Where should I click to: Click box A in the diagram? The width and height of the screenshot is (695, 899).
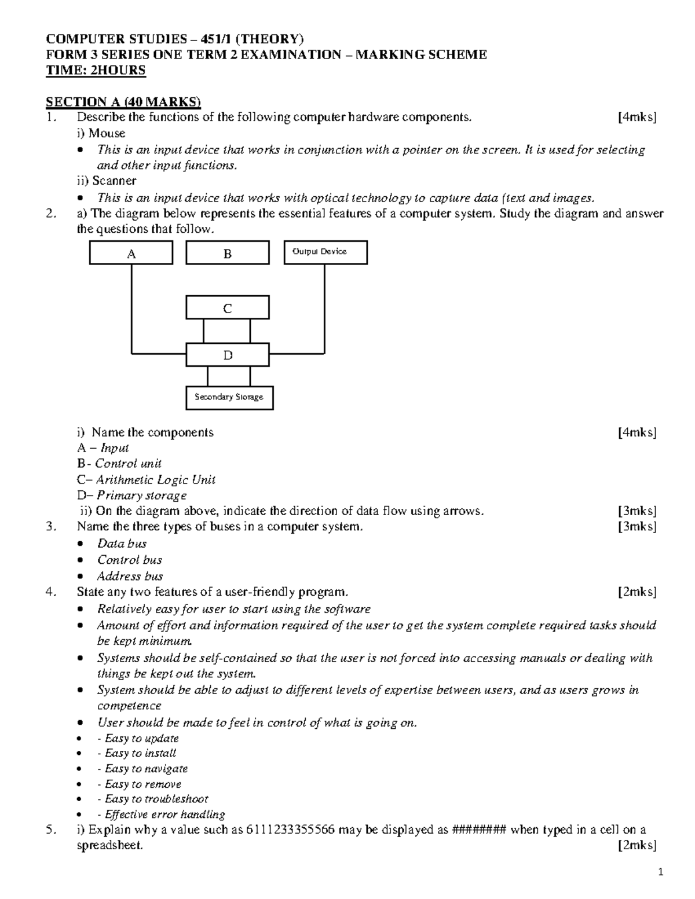click(x=131, y=253)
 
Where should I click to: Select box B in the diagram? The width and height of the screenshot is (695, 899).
click(x=227, y=253)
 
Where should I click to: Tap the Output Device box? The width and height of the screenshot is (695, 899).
click(x=325, y=252)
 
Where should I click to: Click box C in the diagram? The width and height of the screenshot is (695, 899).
click(x=227, y=308)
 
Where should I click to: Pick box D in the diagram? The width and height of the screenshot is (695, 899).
click(x=227, y=355)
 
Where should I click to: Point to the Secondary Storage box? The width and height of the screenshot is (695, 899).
click(x=229, y=398)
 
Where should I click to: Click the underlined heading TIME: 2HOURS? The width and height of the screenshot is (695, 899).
click(x=96, y=71)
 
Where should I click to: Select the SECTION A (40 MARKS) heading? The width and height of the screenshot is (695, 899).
click(x=123, y=102)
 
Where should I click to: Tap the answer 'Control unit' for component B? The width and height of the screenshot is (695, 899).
click(x=128, y=464)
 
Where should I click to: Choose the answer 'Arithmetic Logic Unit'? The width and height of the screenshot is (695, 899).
click(x=156, y=480)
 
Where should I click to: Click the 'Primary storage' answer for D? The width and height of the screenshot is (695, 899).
click(x=141, y=496)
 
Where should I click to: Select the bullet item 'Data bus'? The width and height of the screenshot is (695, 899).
click(x=122, y=544)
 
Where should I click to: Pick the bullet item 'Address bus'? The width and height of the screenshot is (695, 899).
click(x=130, y=576)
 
